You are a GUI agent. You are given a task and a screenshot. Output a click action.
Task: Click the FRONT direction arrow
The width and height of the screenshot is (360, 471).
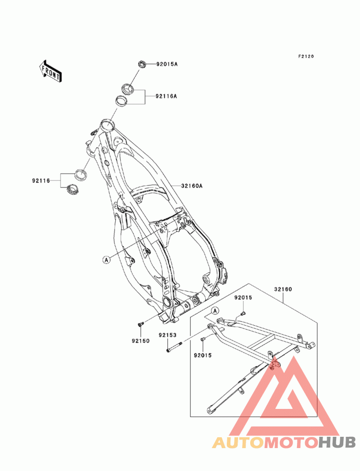50,71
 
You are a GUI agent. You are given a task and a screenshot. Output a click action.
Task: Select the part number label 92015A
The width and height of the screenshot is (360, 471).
167,64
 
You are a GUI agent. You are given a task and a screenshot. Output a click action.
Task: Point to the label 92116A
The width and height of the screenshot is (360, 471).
166,96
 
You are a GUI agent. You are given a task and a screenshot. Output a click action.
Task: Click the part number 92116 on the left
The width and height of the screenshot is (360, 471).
41,180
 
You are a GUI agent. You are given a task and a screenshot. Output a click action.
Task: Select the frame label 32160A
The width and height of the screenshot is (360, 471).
192,185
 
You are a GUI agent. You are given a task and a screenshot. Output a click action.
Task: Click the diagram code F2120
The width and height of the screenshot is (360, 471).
306,57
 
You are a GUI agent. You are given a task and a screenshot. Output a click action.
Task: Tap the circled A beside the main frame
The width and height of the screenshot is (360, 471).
106,259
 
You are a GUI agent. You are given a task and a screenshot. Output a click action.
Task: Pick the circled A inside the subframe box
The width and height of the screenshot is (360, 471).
215,310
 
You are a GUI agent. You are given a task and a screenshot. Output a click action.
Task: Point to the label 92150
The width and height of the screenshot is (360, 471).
140,341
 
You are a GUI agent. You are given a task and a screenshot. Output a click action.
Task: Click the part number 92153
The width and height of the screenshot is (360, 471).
167,335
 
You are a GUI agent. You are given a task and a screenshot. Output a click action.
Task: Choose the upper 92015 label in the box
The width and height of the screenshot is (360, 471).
243,297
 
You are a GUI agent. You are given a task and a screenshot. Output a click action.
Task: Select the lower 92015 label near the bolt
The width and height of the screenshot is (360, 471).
202,355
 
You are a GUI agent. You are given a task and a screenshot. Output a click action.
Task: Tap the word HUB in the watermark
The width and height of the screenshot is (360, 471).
337,442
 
